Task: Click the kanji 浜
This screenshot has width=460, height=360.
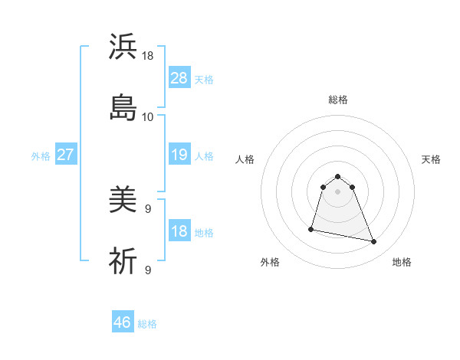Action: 123,47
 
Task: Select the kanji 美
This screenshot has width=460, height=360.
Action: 123,201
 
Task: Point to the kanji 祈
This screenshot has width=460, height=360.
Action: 123,261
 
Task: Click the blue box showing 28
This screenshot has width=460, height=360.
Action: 179,78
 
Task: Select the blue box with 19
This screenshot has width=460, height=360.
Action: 179,155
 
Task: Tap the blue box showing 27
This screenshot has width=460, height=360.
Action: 65,155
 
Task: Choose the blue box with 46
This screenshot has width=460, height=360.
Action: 123,322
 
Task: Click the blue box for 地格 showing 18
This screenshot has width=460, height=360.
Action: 179,232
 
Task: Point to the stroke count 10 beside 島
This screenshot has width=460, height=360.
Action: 147,117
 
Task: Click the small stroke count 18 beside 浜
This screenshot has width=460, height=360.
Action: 148,57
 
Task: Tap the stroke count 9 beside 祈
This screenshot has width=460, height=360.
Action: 147,270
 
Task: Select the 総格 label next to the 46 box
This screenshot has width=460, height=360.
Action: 147,324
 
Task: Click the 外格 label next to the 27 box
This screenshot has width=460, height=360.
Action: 41,156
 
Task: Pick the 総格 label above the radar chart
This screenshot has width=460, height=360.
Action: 337,100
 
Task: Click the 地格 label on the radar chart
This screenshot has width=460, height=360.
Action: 402,262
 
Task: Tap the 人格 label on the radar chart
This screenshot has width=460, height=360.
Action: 245,159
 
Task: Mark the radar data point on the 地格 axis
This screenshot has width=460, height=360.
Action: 374,242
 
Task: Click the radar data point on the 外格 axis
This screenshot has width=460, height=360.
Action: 311,229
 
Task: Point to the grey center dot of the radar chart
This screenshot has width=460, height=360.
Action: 337,191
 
